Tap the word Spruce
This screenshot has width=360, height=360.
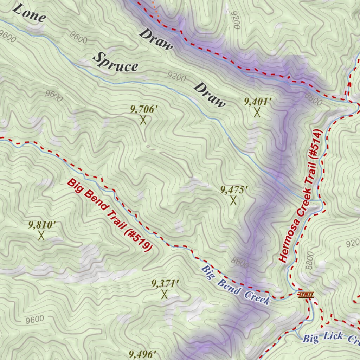click(116, 62)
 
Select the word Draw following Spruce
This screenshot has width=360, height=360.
click(209, 95)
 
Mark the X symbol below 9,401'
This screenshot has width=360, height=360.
click(257, 112)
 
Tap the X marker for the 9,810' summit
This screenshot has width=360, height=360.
click(41, 235)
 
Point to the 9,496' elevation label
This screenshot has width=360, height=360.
click(143, 354)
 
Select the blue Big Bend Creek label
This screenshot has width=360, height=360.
click(236, 285)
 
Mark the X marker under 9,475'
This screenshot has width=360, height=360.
click(233, 201)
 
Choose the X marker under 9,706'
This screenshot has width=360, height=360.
click(143, 120)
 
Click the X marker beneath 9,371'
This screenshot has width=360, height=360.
click(164, 294)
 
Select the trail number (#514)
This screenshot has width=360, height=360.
click(315, 144)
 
